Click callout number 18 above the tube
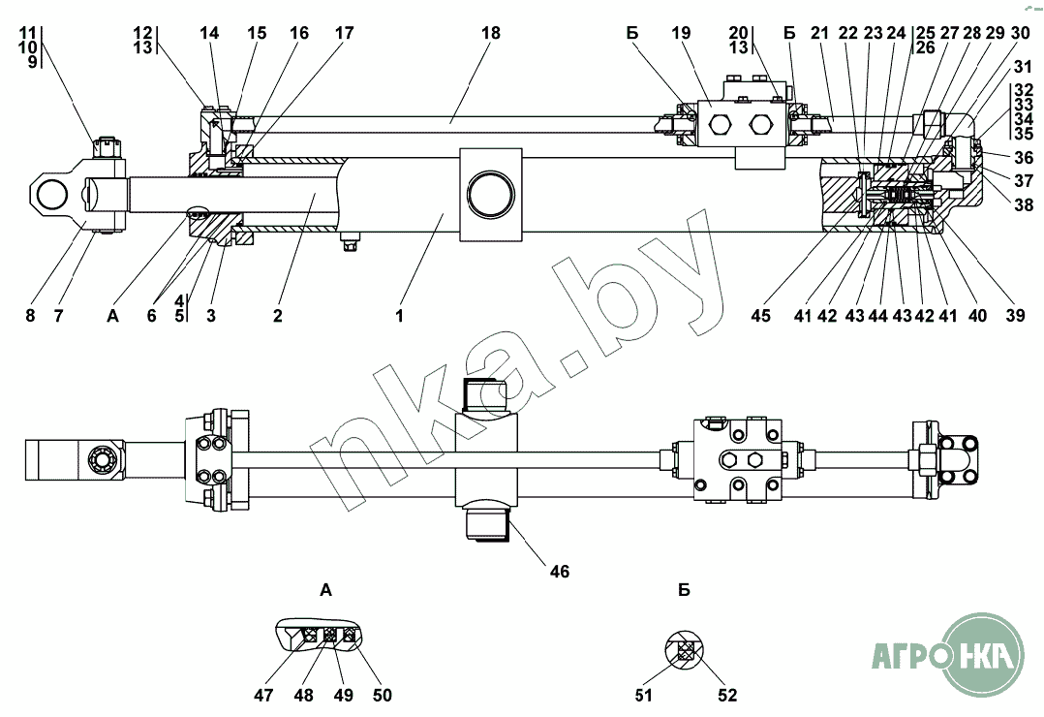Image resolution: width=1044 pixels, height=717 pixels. click(x=490, y=33)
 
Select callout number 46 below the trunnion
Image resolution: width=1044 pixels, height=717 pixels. click(x=559, y=571)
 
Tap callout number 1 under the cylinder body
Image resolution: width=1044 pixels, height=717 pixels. click(x=398, y=316)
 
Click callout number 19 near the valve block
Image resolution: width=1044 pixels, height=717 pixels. click(x=681, y=33)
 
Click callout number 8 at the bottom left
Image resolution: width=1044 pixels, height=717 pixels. click(x=30, y=316)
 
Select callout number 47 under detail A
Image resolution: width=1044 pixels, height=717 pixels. click(x=264, y=695)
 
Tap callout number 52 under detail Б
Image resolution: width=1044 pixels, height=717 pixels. click(x=726, y=695)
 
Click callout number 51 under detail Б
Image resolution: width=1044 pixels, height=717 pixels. click(x=643, y=695)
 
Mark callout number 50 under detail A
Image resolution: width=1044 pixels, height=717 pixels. click(x=382, y=695)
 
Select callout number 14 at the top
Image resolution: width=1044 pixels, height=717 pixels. click(x=210, y=33)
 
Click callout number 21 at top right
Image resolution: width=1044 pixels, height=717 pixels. click(x=820, y=33)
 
